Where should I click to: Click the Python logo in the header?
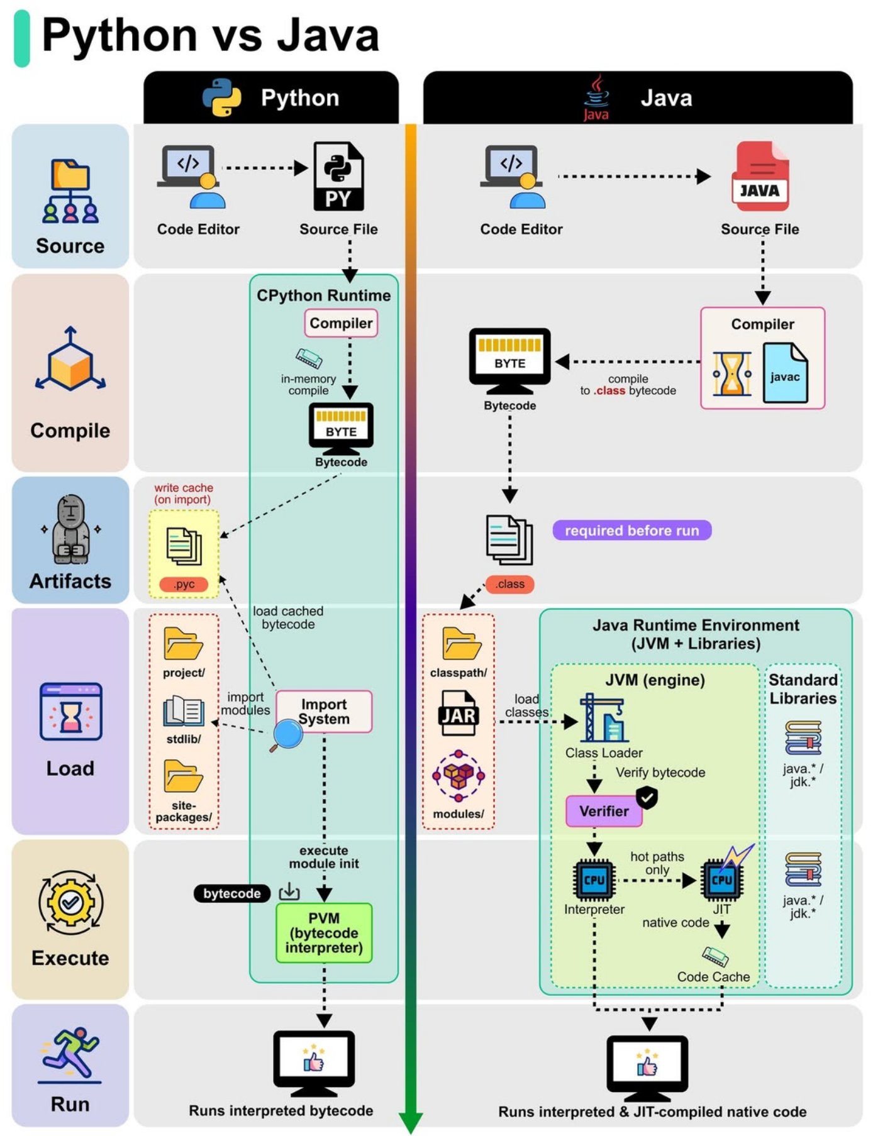[x=221, y=97]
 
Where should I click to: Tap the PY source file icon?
[x=338, y=177]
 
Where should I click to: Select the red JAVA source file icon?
[x=760, y=177]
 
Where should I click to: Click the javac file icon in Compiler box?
[x=784, y=373]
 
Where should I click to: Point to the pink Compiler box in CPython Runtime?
[x=341, y=323]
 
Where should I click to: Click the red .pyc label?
[x=184, y=584]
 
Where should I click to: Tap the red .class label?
[x=509, y=584]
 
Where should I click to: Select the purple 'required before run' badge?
[x=631, y=531]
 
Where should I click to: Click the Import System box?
[x=324, y=712]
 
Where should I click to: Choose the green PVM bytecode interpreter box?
[x=324, y=933]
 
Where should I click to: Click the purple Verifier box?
[x=604, y=811]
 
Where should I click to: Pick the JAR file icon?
[x=458, y=714]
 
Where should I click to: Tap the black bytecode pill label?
[x=231, y=893]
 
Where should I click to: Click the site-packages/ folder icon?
[x=183, y=776]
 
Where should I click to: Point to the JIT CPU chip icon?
[x=722, y=880]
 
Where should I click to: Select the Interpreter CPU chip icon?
[x=594, y=880]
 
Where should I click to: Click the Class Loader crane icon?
[x=603, y=718]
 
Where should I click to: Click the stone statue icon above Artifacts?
[x=70, y=529]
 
